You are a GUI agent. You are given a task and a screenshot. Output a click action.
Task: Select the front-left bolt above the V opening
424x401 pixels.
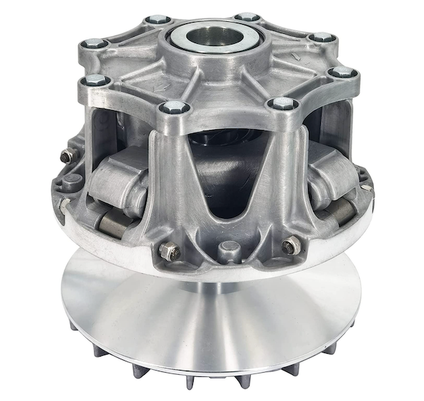point(173,107)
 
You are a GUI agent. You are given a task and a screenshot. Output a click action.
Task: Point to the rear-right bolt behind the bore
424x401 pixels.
point(247,16)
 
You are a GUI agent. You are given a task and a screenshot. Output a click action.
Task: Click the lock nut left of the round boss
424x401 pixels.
point(170,251)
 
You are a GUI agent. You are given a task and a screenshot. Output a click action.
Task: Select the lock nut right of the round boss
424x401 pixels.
point(290,246)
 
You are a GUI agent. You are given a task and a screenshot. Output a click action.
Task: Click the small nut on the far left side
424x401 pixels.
point(67,156)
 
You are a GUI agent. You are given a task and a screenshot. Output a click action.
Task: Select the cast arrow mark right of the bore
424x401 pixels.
point(294,55)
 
